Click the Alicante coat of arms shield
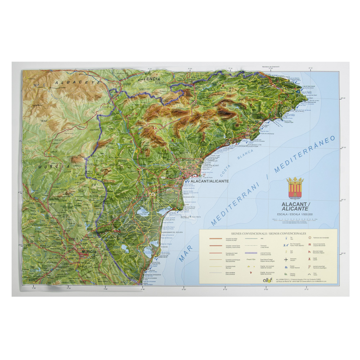296,189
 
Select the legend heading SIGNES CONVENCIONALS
249,234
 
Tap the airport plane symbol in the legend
286,259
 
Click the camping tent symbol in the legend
286,273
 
